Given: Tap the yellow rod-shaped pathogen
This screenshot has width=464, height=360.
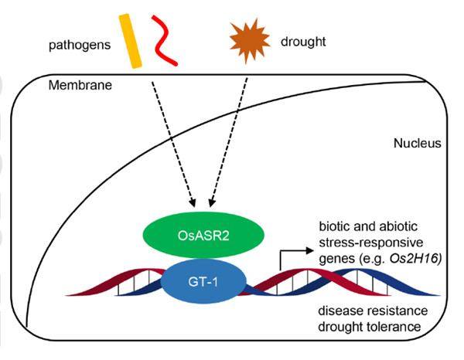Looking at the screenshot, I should [134, 41].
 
